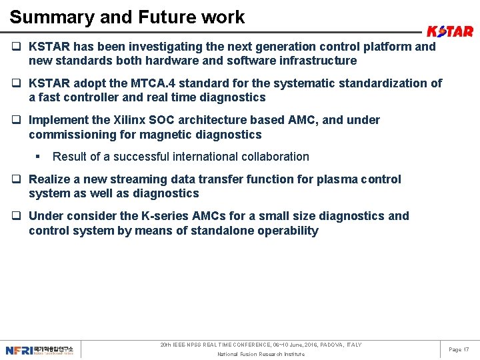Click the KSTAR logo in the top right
click(450, 31)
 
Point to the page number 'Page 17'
click(459, 349)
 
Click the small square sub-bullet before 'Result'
click(39, 157)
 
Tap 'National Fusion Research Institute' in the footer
click(261, 354)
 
